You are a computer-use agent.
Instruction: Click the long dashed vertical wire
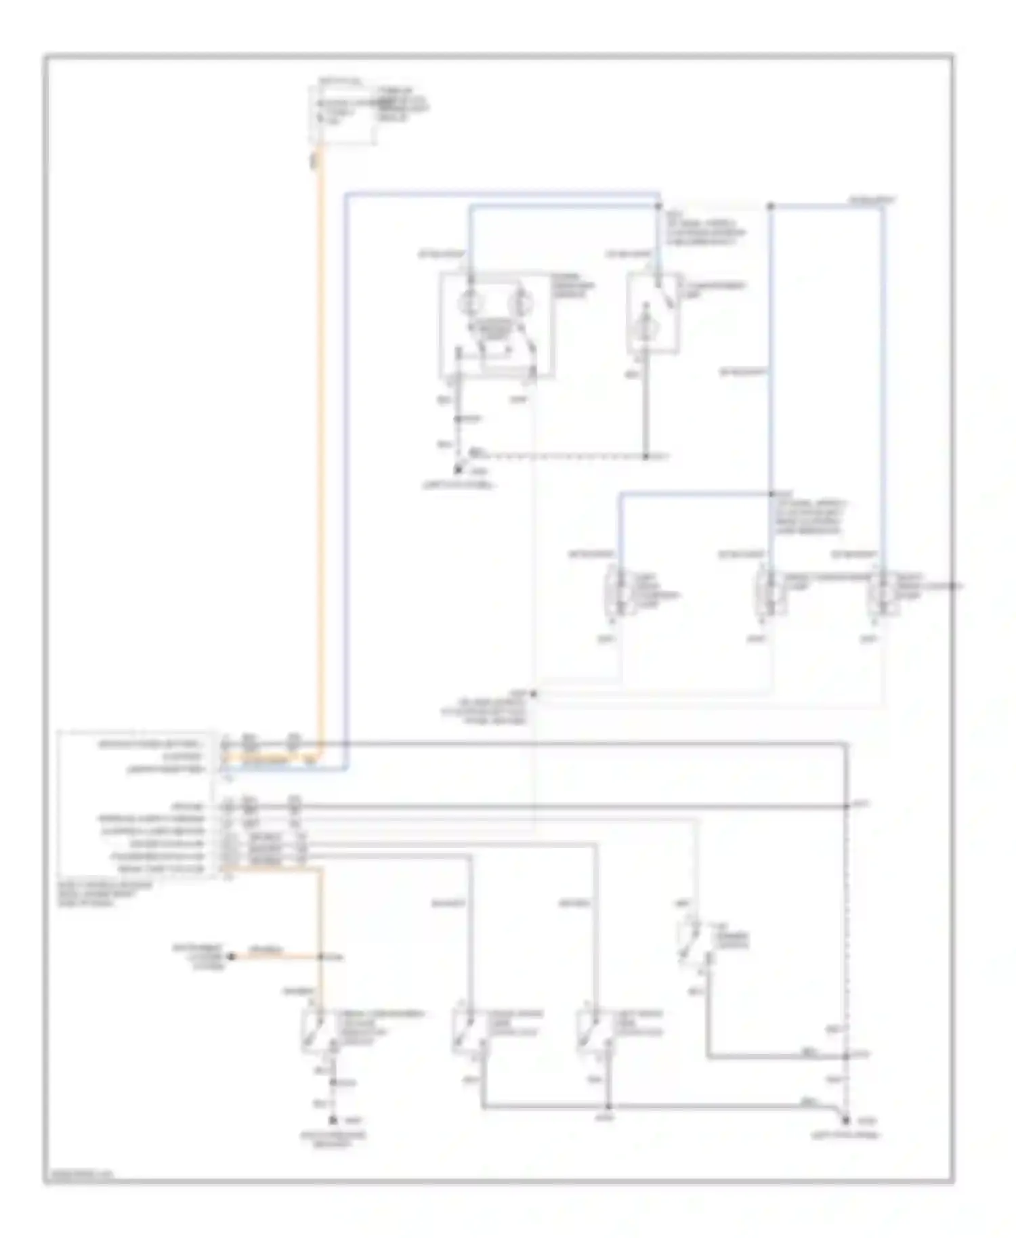[847, 935]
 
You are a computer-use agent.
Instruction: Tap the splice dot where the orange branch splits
[322, 957]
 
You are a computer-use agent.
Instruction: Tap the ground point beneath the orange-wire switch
[333, 1121]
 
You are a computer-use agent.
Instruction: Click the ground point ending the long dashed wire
[846, 1121]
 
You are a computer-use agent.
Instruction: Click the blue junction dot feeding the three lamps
[770, 494]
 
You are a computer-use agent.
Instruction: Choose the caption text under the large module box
[105, 894]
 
